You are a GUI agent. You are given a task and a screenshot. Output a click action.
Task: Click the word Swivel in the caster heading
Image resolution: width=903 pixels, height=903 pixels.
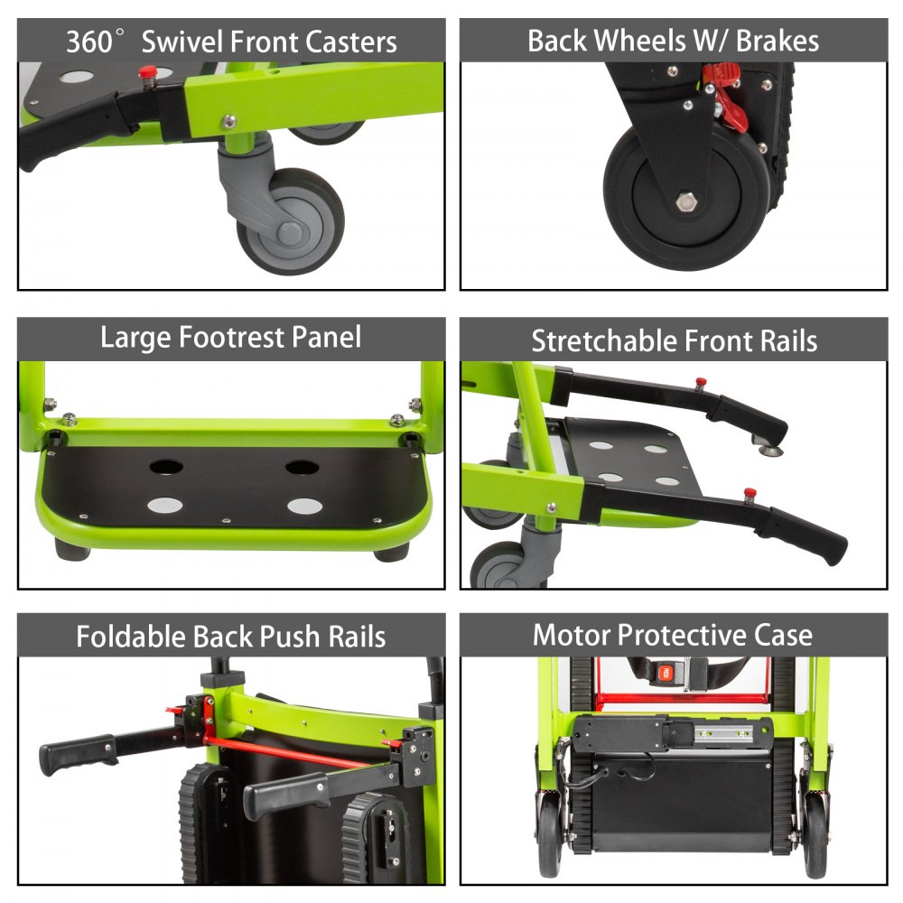pyautogui.click(x=182, y=42)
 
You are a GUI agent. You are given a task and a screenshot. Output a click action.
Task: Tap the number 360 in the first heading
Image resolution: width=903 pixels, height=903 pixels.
pyautogui.click(x=88, y=42)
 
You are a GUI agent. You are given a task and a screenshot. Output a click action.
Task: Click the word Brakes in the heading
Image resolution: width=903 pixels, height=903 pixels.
pyautogui.click(x=777, y=41)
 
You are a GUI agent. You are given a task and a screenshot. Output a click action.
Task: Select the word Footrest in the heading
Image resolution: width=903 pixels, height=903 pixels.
pyautogui.click(x=231, y=337)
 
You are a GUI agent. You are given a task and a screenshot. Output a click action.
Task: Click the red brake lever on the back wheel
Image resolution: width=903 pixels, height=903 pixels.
pyautogui.click(x=727, y=95)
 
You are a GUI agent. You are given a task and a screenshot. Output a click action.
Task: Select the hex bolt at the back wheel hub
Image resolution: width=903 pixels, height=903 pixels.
pyautogui.click(x=686, y=202)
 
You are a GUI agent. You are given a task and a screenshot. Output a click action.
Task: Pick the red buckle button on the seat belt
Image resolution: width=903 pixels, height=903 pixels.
pyautogui.click(x=666, y=672)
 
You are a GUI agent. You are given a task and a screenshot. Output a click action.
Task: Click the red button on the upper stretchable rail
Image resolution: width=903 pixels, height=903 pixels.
pyautogui.click(x=701, y=382)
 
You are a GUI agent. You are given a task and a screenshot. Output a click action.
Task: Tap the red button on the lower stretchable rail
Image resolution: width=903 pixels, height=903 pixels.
pyautogui.click(x=749, y=493)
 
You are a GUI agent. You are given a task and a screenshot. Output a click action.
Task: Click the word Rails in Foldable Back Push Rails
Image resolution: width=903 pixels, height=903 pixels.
pyautogui.click(x=357, y=637)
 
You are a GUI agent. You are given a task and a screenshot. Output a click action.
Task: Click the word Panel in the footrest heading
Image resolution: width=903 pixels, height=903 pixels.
pyautogui.click(x=327, y=337)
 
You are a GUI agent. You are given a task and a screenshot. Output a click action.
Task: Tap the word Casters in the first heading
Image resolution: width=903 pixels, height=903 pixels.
pyautogui.click(x=350, y=42)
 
